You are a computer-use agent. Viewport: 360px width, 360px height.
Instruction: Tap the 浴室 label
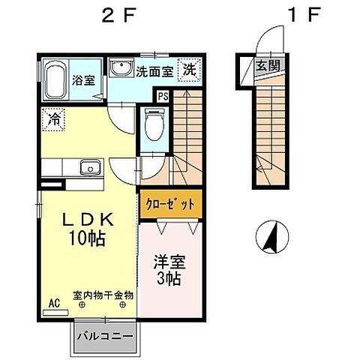(82, 80)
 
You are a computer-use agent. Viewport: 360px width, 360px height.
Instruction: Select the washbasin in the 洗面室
(120, 70)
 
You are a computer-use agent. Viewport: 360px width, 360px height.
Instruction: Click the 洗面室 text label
(154, 71)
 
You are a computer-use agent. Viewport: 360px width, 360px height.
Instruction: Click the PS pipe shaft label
(163, 95)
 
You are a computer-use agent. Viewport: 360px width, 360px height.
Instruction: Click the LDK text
(87, 221)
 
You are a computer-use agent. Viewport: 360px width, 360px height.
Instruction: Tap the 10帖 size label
(87, 240)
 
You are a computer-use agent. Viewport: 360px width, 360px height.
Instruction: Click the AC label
(54, 302)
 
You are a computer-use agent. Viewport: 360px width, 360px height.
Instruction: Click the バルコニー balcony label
(105, 335)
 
